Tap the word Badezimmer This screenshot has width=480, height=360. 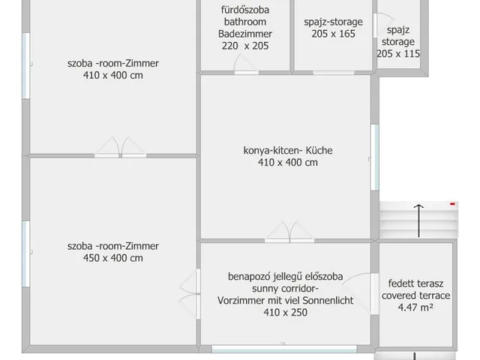245,34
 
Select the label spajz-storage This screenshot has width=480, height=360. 334,22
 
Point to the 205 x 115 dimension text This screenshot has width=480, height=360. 398,53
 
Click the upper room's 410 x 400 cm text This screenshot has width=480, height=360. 112,75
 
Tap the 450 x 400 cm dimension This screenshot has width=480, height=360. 112,258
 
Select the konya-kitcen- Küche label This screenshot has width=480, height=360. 288,150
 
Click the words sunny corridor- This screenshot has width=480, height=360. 285,289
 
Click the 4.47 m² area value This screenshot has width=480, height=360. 415,307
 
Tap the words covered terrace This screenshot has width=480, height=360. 415,295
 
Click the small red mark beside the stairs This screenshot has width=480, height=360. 452,202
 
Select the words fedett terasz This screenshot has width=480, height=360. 415,283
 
